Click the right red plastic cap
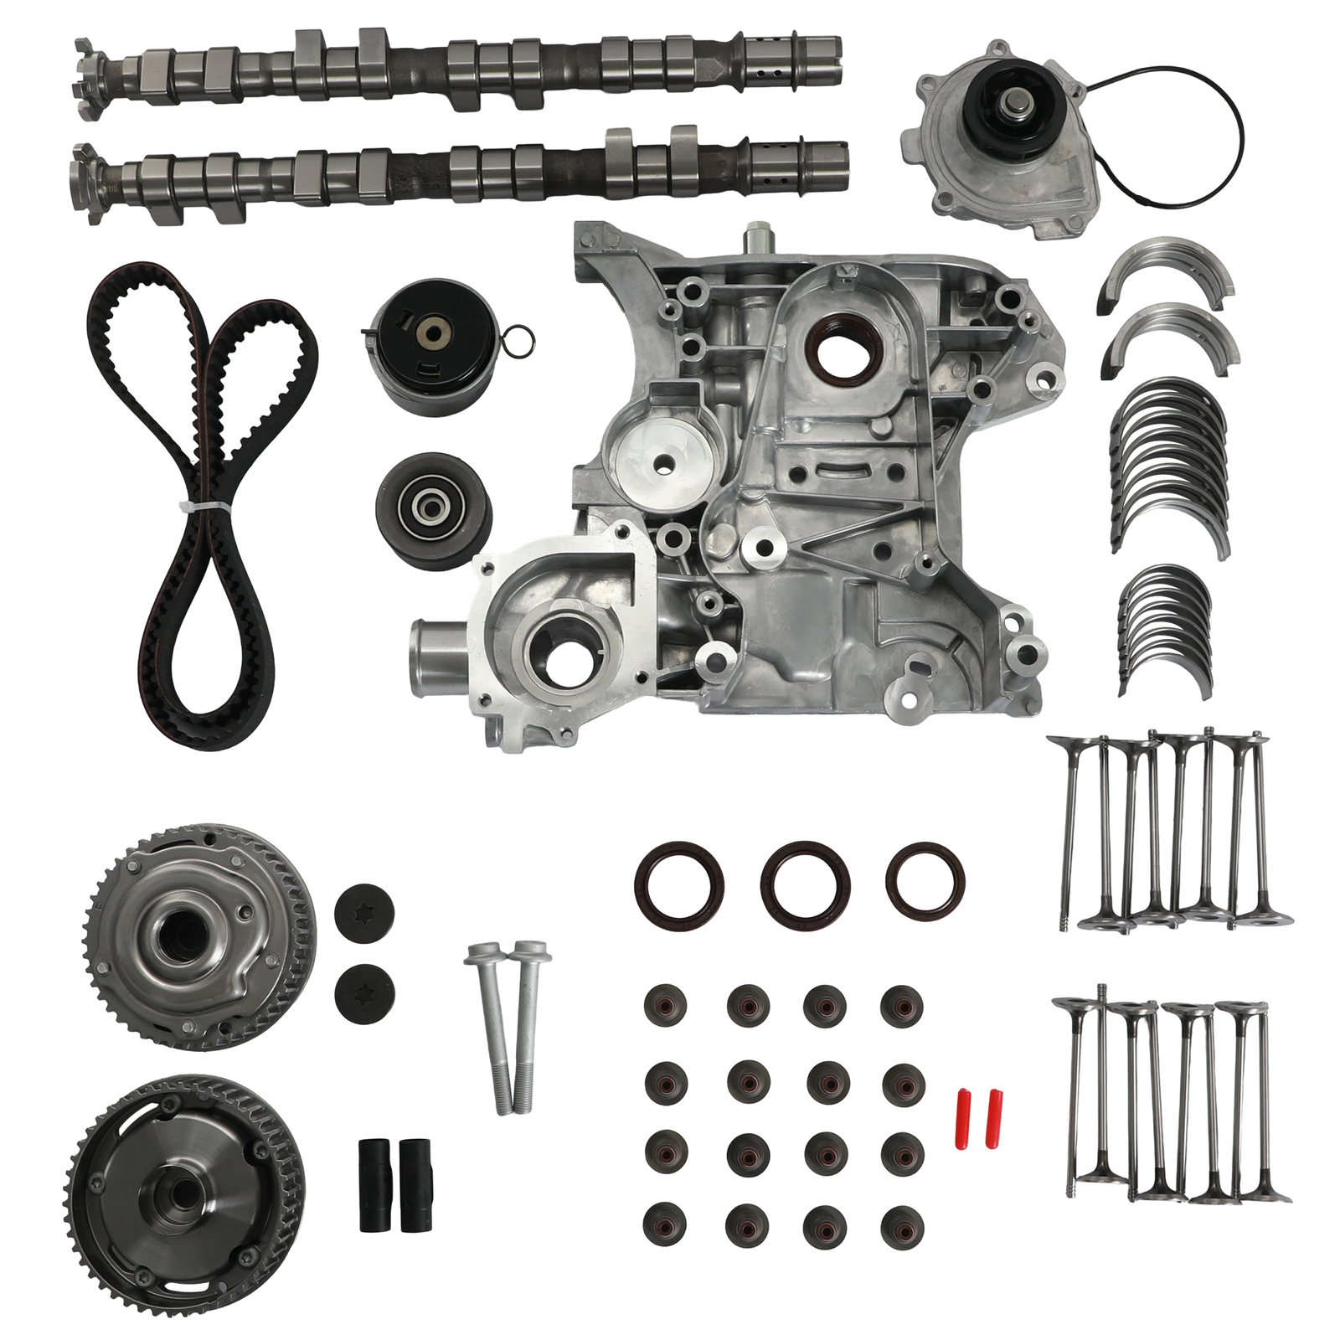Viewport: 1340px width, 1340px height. point(994,1105)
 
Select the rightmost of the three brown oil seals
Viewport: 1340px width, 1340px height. point(925,881)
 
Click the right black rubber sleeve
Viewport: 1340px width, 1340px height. point(415,1184)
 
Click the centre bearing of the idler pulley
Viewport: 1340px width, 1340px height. point(432,508)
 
